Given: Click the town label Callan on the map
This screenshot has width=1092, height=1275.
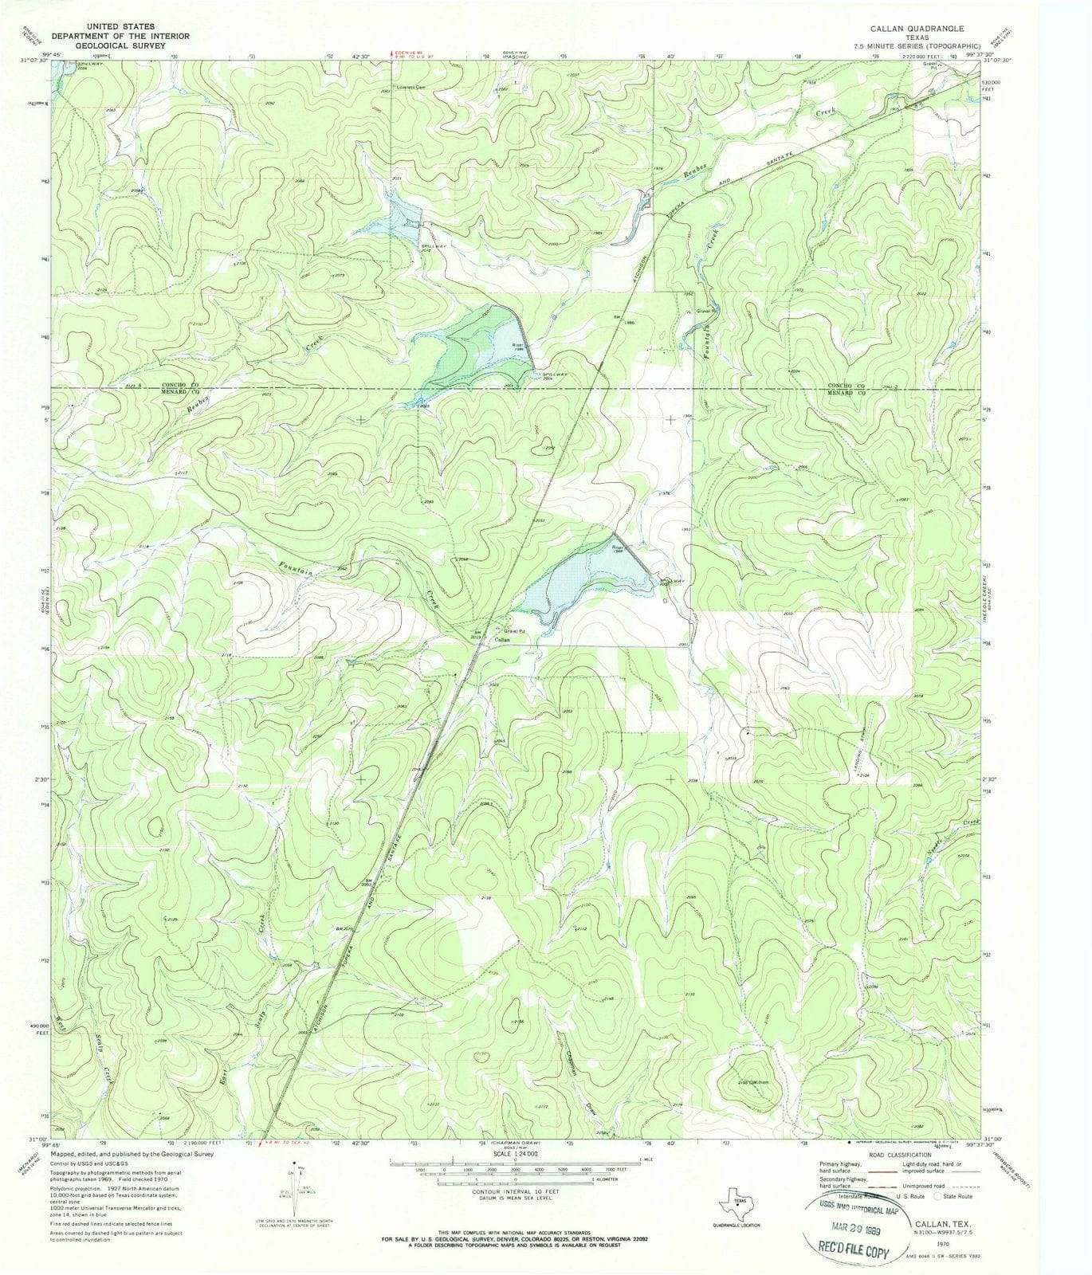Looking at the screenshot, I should click(501, 640).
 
